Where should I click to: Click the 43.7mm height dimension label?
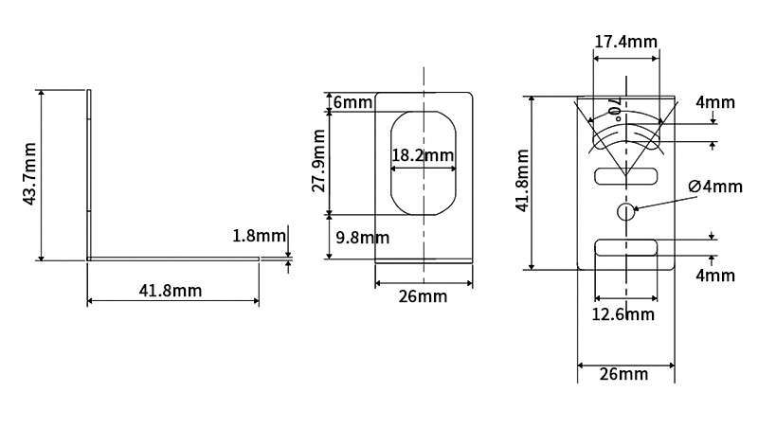[x=29, y=173]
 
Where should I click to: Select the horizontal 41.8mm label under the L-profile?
[x=170, y=291]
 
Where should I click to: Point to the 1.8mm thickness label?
[x=259, y=236]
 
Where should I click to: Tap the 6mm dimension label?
[x=352, y=102]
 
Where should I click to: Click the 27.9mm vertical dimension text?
[x=319, y=162]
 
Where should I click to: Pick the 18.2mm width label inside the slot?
[x=423, y=155]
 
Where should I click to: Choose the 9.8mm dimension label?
[x=360, y=237]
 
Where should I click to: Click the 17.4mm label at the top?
[x=626, y=41]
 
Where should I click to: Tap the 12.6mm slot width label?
[x=624, y=313]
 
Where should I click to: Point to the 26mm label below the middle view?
[x=423, y=297]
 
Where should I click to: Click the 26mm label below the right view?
[x=624, y=373]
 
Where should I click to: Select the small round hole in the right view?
[x=625, y=211]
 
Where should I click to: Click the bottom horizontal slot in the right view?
[x=625, y=248]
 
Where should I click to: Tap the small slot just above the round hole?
[x=625, y=176]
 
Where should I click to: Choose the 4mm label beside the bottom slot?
[x=713, y=276]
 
